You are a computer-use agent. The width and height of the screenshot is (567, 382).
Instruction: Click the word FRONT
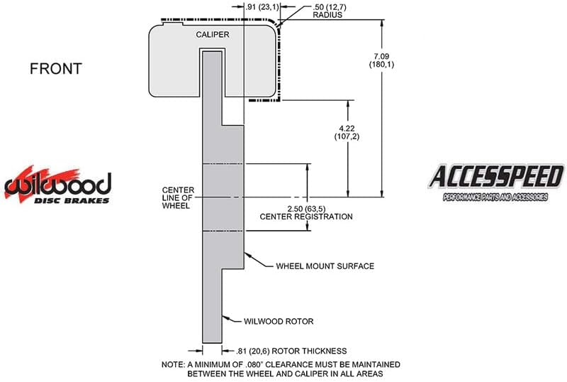(x=56, y=69)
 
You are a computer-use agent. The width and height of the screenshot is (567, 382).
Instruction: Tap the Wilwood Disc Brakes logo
(x=57, y=185)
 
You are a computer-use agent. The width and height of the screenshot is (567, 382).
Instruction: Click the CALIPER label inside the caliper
(x=212, y=34)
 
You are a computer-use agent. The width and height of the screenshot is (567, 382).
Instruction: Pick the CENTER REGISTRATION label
(x=306, y=217)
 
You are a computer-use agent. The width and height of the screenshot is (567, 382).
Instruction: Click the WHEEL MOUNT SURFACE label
(x=325, y=266)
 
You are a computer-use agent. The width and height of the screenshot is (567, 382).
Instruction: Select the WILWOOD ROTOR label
(x=279, y=321)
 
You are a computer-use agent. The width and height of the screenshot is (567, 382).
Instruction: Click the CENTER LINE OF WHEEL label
(x=178, y=198)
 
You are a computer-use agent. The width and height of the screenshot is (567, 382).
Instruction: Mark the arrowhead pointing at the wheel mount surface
(x=247, y=255)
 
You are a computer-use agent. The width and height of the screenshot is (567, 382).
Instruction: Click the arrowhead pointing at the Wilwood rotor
(x=225, y=318)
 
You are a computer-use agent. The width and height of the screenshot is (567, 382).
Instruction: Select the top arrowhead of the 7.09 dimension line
(x=382, y=23)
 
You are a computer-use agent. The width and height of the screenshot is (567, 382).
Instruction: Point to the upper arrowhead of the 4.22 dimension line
(x=348, y=104)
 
